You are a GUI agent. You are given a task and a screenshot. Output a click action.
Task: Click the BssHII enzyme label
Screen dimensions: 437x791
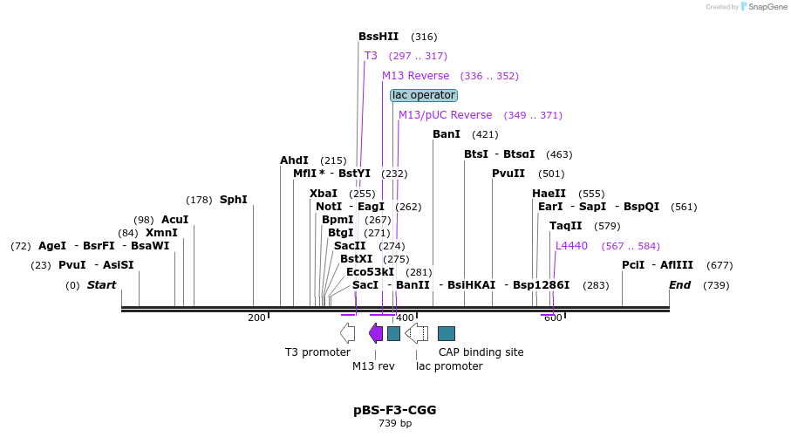click(378, 37)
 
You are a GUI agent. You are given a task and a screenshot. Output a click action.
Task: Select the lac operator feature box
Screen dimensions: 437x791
click(424, 95)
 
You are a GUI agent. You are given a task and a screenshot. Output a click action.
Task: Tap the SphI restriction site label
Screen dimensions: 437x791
click(233, 200)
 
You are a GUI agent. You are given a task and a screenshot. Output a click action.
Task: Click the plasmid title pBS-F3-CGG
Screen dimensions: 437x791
click(395, 409)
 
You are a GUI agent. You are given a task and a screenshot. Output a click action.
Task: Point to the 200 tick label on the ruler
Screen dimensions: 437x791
click(256, 318)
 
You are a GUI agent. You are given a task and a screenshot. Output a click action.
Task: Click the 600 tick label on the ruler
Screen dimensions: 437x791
click(553, 318)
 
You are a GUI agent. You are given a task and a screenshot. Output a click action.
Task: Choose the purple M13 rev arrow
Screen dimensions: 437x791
click(376, 332)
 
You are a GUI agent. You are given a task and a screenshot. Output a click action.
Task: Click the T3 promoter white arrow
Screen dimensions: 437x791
click(347, 332)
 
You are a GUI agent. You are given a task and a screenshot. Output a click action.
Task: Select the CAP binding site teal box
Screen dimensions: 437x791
click(447, 333)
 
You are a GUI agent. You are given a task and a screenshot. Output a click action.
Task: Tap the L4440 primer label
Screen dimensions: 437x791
click(572, 246)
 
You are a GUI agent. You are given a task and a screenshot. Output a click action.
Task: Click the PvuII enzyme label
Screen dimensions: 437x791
click(508, 174)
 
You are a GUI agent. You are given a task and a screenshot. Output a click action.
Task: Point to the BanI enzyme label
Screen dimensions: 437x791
click(447, 134)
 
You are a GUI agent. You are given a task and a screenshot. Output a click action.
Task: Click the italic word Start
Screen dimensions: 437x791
click(101, 285)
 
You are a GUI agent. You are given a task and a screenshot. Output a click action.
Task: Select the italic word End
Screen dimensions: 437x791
click(679, 285)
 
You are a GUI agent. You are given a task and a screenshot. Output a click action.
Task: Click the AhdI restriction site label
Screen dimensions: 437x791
click(294, 160)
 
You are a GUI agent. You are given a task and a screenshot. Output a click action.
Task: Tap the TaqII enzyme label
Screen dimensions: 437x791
click(565, 226)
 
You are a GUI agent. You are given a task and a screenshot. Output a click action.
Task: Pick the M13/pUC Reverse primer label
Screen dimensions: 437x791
click(445, 115)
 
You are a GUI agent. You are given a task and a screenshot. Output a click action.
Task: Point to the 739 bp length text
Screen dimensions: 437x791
click(395, 424)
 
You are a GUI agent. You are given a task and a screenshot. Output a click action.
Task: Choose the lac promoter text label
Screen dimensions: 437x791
click(449, 366)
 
